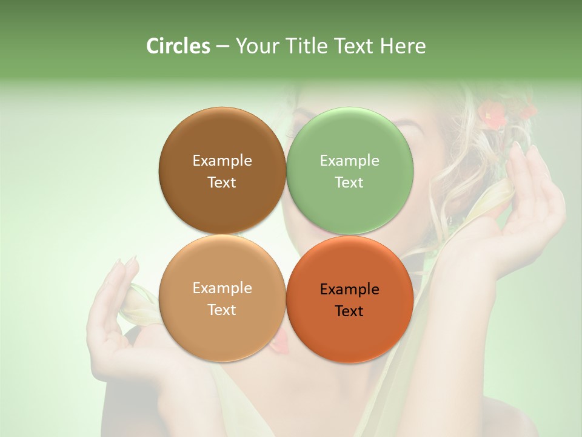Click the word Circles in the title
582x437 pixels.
point(178,46)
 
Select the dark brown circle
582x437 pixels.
point(222,170)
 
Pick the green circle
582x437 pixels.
point(350,170)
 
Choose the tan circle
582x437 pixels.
point(222,298)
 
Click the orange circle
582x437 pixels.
point(350,299)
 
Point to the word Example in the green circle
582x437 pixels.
point(349,160)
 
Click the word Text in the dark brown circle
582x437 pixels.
point(222,182)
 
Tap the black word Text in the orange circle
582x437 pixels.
point(349,311)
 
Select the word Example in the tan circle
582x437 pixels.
point(222,288)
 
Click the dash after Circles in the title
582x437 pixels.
point(222,47)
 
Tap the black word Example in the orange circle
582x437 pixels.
point(349,289)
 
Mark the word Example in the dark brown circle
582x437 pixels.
point(222,160)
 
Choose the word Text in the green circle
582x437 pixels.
point(349,182)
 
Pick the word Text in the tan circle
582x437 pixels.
point(222,310)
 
